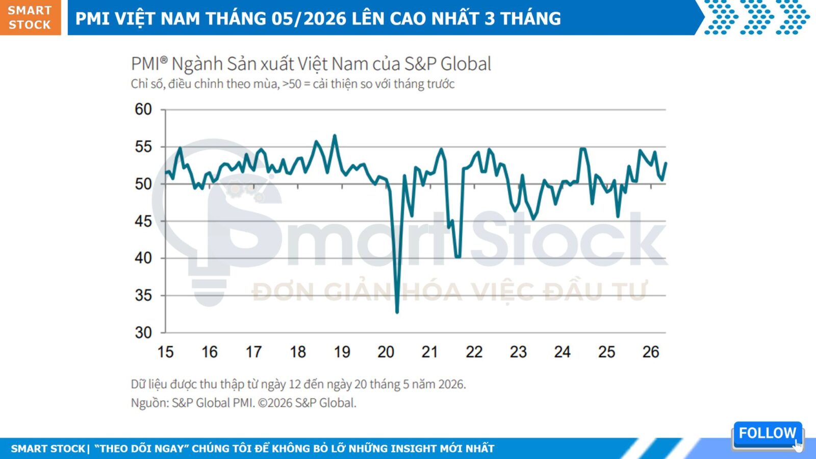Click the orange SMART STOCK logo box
click(x=30, y=17)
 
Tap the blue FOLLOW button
click(x=767, y=434)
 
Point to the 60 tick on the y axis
click(x=143, y=109)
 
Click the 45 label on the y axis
click(x=143, y=221)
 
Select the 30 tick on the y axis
click(x=143, y=332)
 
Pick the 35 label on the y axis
click(x=143, y=295)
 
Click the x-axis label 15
click(x=165, y=352)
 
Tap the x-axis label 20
click(x=386, y=352)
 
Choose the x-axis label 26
click(x=651, y=352)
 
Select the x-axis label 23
click(x=518, y=352)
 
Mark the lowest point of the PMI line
click(x=397, y=312)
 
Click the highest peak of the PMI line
click(x=335, y=136)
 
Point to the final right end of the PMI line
click(x=666, y=163)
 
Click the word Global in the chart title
click(x=466, y=64)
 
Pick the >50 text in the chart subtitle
click(x=292, y=84)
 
